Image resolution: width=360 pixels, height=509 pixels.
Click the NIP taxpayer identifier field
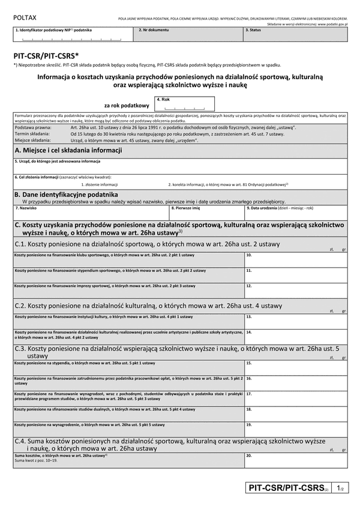click(x=71, y=37)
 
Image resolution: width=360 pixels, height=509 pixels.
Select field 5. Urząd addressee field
click(x=180, y=167)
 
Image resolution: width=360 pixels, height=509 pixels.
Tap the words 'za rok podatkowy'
click(x=126, y=105)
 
